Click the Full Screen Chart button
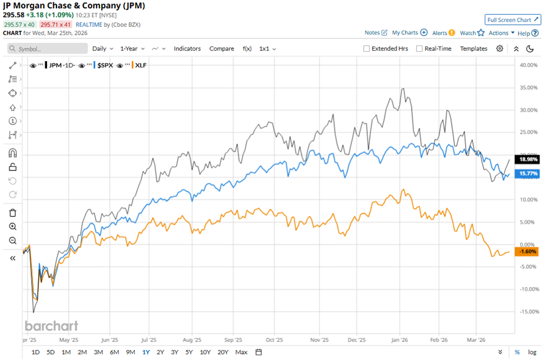click(x=513, y=20)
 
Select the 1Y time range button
click(x=145, y=352)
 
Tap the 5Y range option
click(x=189, y=352)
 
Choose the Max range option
click(x=241, y=352)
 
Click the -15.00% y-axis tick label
click(x=526, y=312)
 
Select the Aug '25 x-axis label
click(x=191, y=340)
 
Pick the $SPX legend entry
click(x=104, y=66)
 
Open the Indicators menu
click(x=187, y=49)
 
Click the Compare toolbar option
click(x=222, y=49)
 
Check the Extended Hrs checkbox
click(x=367, y=49)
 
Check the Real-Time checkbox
click(x=420, y=49)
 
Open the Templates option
click(x=474, y=49)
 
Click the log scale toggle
click(x=532, y=352)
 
